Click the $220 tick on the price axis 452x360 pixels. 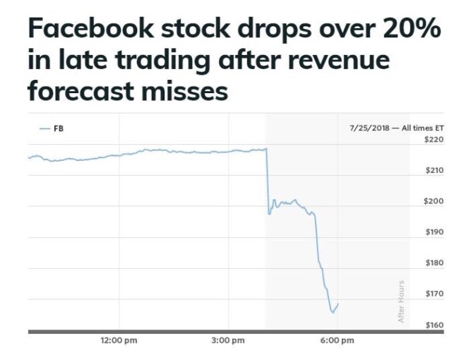click(x=433, y=140)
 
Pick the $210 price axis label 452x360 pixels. click(x=433, y=171)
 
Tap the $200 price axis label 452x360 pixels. click(x=433, y=201)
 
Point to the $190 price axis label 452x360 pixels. click(x=433, y=232)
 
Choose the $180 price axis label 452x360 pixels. click(x=433, y=263)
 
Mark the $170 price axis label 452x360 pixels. click(x=433, y=294)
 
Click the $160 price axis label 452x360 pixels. click(x=433, y=325)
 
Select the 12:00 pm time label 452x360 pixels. click(x=118, y=341)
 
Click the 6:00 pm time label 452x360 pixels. click(x=337, y=341)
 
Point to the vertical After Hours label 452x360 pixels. click(x=401, y=301)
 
